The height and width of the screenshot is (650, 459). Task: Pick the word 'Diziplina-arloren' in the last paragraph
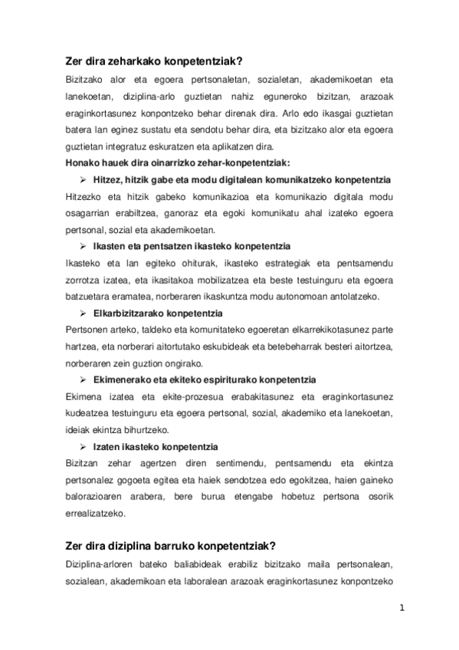click(94, 564)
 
